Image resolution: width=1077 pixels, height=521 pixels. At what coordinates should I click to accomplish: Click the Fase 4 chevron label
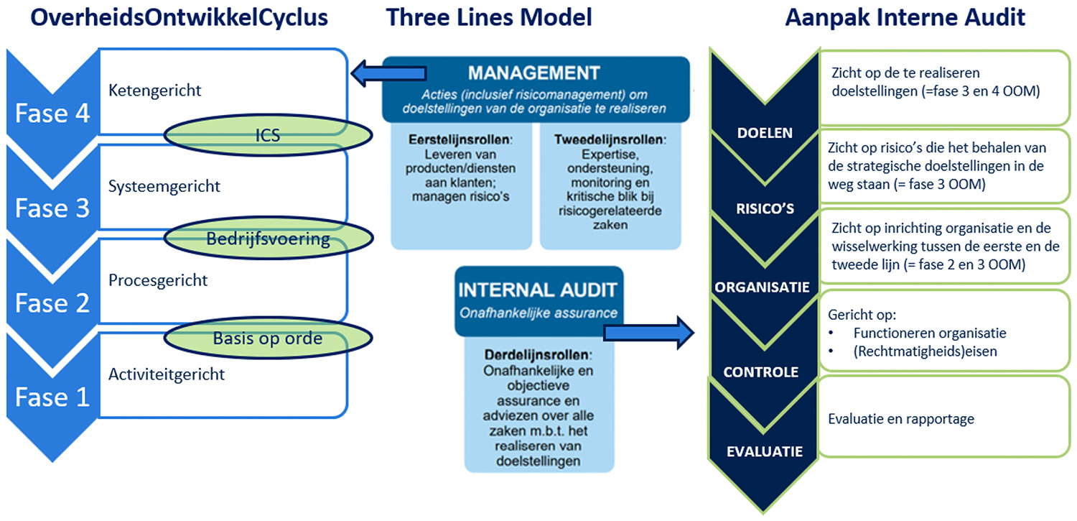(x=53, y=114)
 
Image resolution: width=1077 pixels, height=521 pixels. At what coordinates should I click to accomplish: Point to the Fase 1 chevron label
(x=53, y=397)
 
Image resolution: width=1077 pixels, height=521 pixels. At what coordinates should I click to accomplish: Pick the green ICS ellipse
(x=268, y=134)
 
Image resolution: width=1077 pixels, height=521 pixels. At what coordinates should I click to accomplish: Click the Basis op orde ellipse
(x=268, y=337)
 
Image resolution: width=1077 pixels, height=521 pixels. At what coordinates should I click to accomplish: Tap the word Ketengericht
(x=155, y=91)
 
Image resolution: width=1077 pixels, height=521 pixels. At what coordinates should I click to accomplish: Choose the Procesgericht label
(x=158, y=280)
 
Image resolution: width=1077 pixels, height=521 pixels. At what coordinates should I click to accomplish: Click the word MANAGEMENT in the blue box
(x=533, y=73)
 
